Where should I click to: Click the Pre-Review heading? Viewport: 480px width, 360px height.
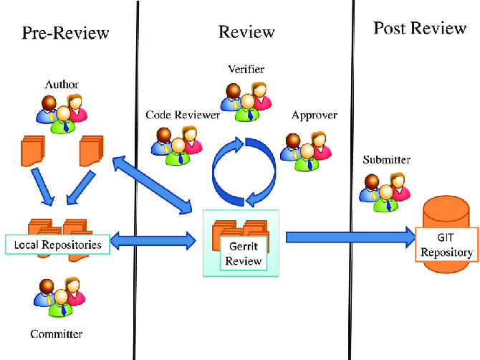65,33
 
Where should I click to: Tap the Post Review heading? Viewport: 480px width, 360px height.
420,29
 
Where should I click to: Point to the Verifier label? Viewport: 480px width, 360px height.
246,70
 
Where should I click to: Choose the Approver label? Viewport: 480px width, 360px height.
314,115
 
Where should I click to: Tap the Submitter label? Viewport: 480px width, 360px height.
386,159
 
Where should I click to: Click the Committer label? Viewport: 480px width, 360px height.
56,334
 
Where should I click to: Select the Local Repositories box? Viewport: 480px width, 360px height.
57,245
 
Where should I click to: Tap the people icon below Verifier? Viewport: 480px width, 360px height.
245,98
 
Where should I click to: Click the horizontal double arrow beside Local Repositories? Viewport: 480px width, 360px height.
154,241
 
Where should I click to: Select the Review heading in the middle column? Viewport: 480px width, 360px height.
246,32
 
